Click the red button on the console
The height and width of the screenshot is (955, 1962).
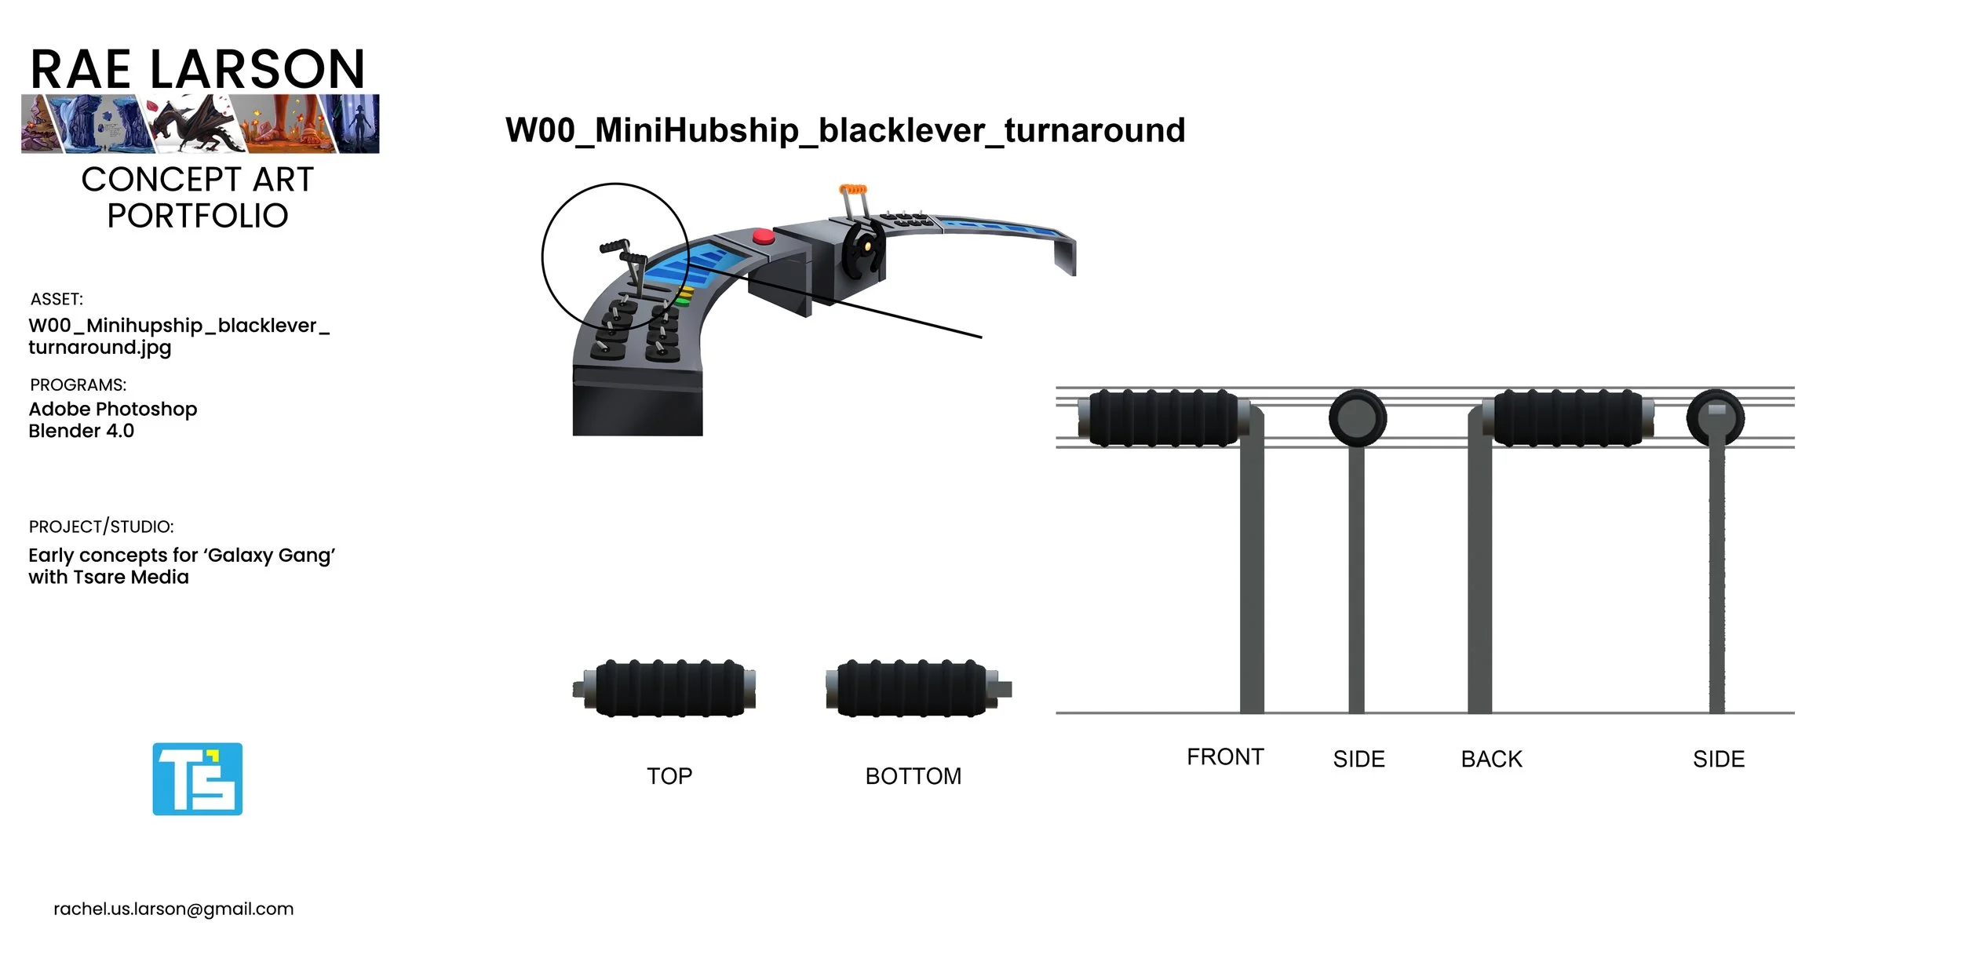pos(763,236)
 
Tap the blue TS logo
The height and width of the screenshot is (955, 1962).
pos(197,779)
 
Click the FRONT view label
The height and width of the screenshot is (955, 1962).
pos(1224,757)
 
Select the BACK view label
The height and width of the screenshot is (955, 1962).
pos(1491,760)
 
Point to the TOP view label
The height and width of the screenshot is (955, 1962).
pos(669,776)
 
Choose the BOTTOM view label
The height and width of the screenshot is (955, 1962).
pos(913,776)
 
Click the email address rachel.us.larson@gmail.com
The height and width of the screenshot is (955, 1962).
pos(173,909)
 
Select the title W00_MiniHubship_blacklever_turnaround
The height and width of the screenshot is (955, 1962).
pos(845,130)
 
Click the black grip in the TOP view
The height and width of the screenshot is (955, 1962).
pos(669,689)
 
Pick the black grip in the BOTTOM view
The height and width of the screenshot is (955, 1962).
pos(912,689)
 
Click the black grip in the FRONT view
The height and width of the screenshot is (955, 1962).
pos(1163,418)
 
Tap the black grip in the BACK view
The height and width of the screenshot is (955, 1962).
pos(1567,418)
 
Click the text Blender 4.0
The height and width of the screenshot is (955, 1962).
pos(82,431)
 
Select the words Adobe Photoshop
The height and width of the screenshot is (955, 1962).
pos(113,409)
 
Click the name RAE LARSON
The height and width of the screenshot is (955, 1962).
pos(198,69)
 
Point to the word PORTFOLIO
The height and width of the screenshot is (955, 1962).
pos(198,216)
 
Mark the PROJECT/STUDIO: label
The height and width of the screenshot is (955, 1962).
pos(101,527)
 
